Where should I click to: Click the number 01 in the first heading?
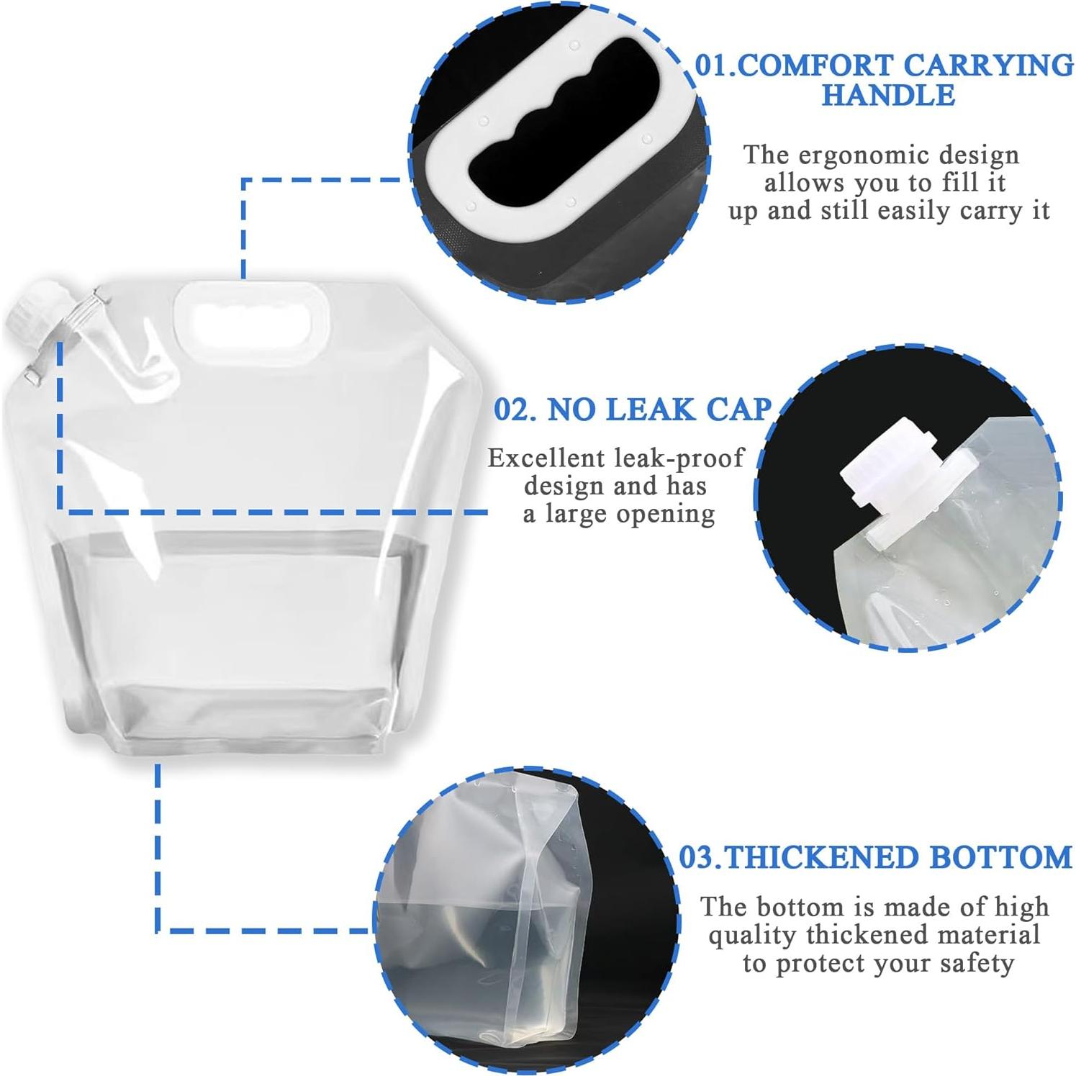[712, 65]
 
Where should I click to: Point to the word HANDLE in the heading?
[888, 95]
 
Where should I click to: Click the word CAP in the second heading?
[738, 410]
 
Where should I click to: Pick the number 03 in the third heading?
[697, 857]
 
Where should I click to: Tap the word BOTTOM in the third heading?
[1000, 857]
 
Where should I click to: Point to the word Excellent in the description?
[546, 458]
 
